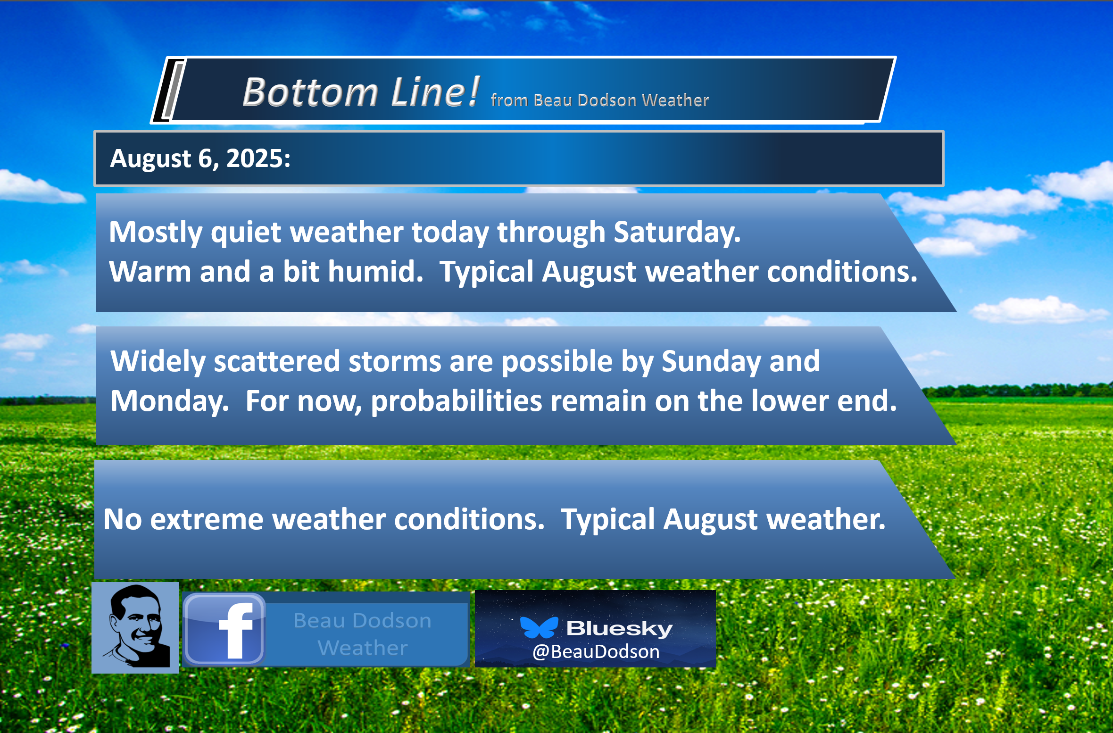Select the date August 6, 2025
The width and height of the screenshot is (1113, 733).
click(x=200, y=158)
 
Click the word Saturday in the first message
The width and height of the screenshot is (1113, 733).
click(x=677, y=232)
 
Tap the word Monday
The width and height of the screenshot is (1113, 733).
click(x=169, y=402)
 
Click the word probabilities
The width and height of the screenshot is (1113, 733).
click(x=457, y=402)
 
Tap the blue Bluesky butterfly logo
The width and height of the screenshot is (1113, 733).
click(x=539, y=627)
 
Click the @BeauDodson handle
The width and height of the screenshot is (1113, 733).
click(x=596, y=652)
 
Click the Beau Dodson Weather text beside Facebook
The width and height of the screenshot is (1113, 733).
click(x=362, y=634)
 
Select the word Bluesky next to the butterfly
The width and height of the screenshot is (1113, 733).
click(x=619, y=628)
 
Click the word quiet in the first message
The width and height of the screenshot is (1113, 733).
click(x=246, y=232)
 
